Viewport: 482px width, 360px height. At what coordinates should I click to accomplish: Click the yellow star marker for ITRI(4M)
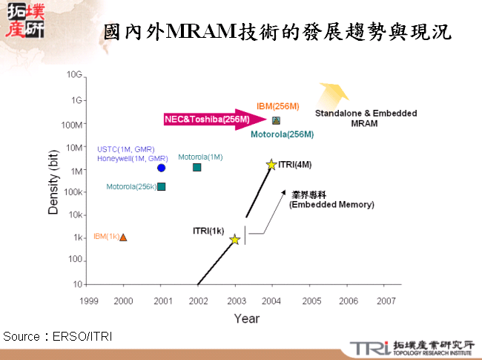[x=271, y=165]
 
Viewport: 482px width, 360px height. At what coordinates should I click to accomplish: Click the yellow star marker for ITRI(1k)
[x=234, y=239]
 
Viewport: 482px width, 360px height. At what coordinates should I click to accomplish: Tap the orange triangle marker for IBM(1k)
[x=123, y=237]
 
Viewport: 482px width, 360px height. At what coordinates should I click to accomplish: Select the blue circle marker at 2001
[x=161, y=168]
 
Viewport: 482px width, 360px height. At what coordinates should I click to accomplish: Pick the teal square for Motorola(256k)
[x=162, y=186]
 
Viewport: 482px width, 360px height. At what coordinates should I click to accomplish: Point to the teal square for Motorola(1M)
[x=197, y=167]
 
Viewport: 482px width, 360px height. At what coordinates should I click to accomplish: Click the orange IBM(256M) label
[x=278, y=106]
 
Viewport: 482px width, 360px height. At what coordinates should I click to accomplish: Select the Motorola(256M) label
[x=282, y=134]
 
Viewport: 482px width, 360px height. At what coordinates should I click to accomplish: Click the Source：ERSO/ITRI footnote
[x=58, y=336]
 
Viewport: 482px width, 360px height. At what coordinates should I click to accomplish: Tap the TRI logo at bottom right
[x=369, y=347]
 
